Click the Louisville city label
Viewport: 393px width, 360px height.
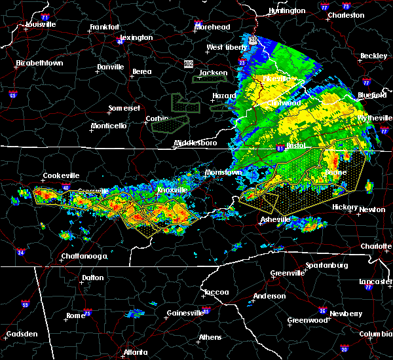[40, 24]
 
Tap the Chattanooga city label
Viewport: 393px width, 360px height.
[85, 256]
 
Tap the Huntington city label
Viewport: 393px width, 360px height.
[287, 10]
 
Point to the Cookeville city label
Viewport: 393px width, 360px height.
[61, 175]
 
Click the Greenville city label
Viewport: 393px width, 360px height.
[288, 273]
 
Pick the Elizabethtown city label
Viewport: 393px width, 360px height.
[39, 63]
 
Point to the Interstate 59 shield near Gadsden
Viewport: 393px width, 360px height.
[26, 304]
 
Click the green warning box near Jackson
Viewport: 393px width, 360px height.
[209, 79]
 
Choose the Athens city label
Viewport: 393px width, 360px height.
[210, 338]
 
